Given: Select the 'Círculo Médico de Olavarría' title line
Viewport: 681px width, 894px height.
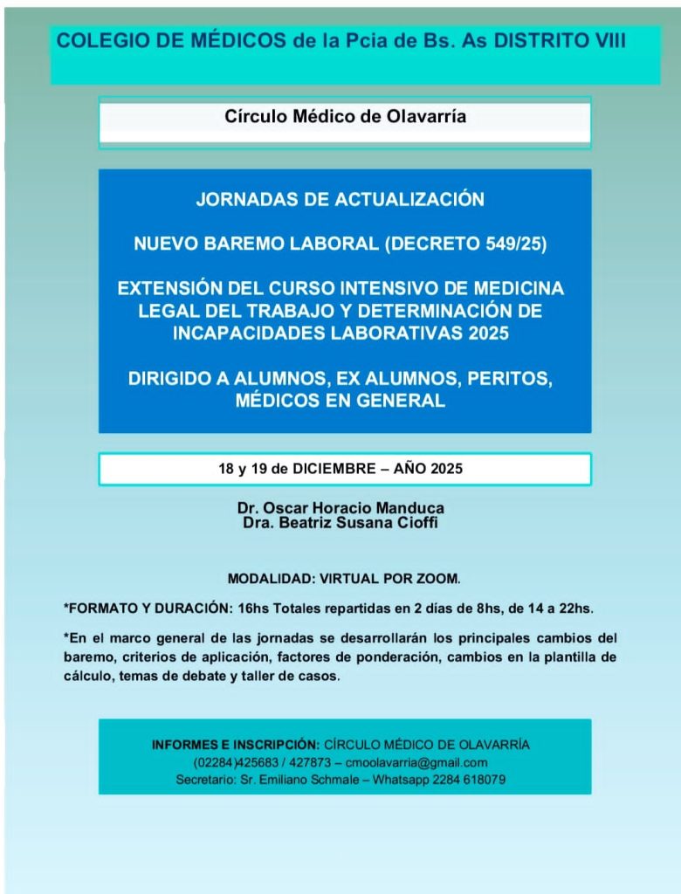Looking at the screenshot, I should pyautogui.click(x=345, y=116).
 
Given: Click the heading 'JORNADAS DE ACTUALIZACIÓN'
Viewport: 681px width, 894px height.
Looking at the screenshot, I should pyautogui.click(x=340, y=200).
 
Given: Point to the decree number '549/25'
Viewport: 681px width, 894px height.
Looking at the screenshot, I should pyautogui.click(x=515, y=245).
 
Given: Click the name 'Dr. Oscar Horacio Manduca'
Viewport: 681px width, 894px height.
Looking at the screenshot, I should pyautogui.click(x=340, y=508).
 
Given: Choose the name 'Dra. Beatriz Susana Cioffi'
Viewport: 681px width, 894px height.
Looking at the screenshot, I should pyautogui.click(x=340, y=522).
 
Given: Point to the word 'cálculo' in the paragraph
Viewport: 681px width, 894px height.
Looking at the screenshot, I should pyautogui.click(x=88, y=677).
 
